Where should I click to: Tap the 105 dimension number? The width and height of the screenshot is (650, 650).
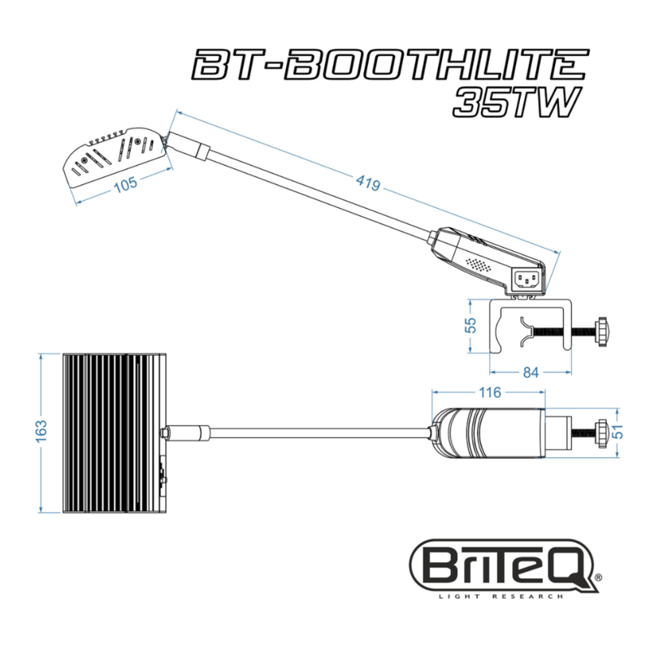click(x=125, y=184)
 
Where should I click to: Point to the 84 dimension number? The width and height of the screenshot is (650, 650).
click(x=531, y=373)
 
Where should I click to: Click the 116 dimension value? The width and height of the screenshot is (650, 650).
click(x=488, y=393)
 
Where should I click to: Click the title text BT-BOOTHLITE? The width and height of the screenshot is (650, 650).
click(x=389, y=65)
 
